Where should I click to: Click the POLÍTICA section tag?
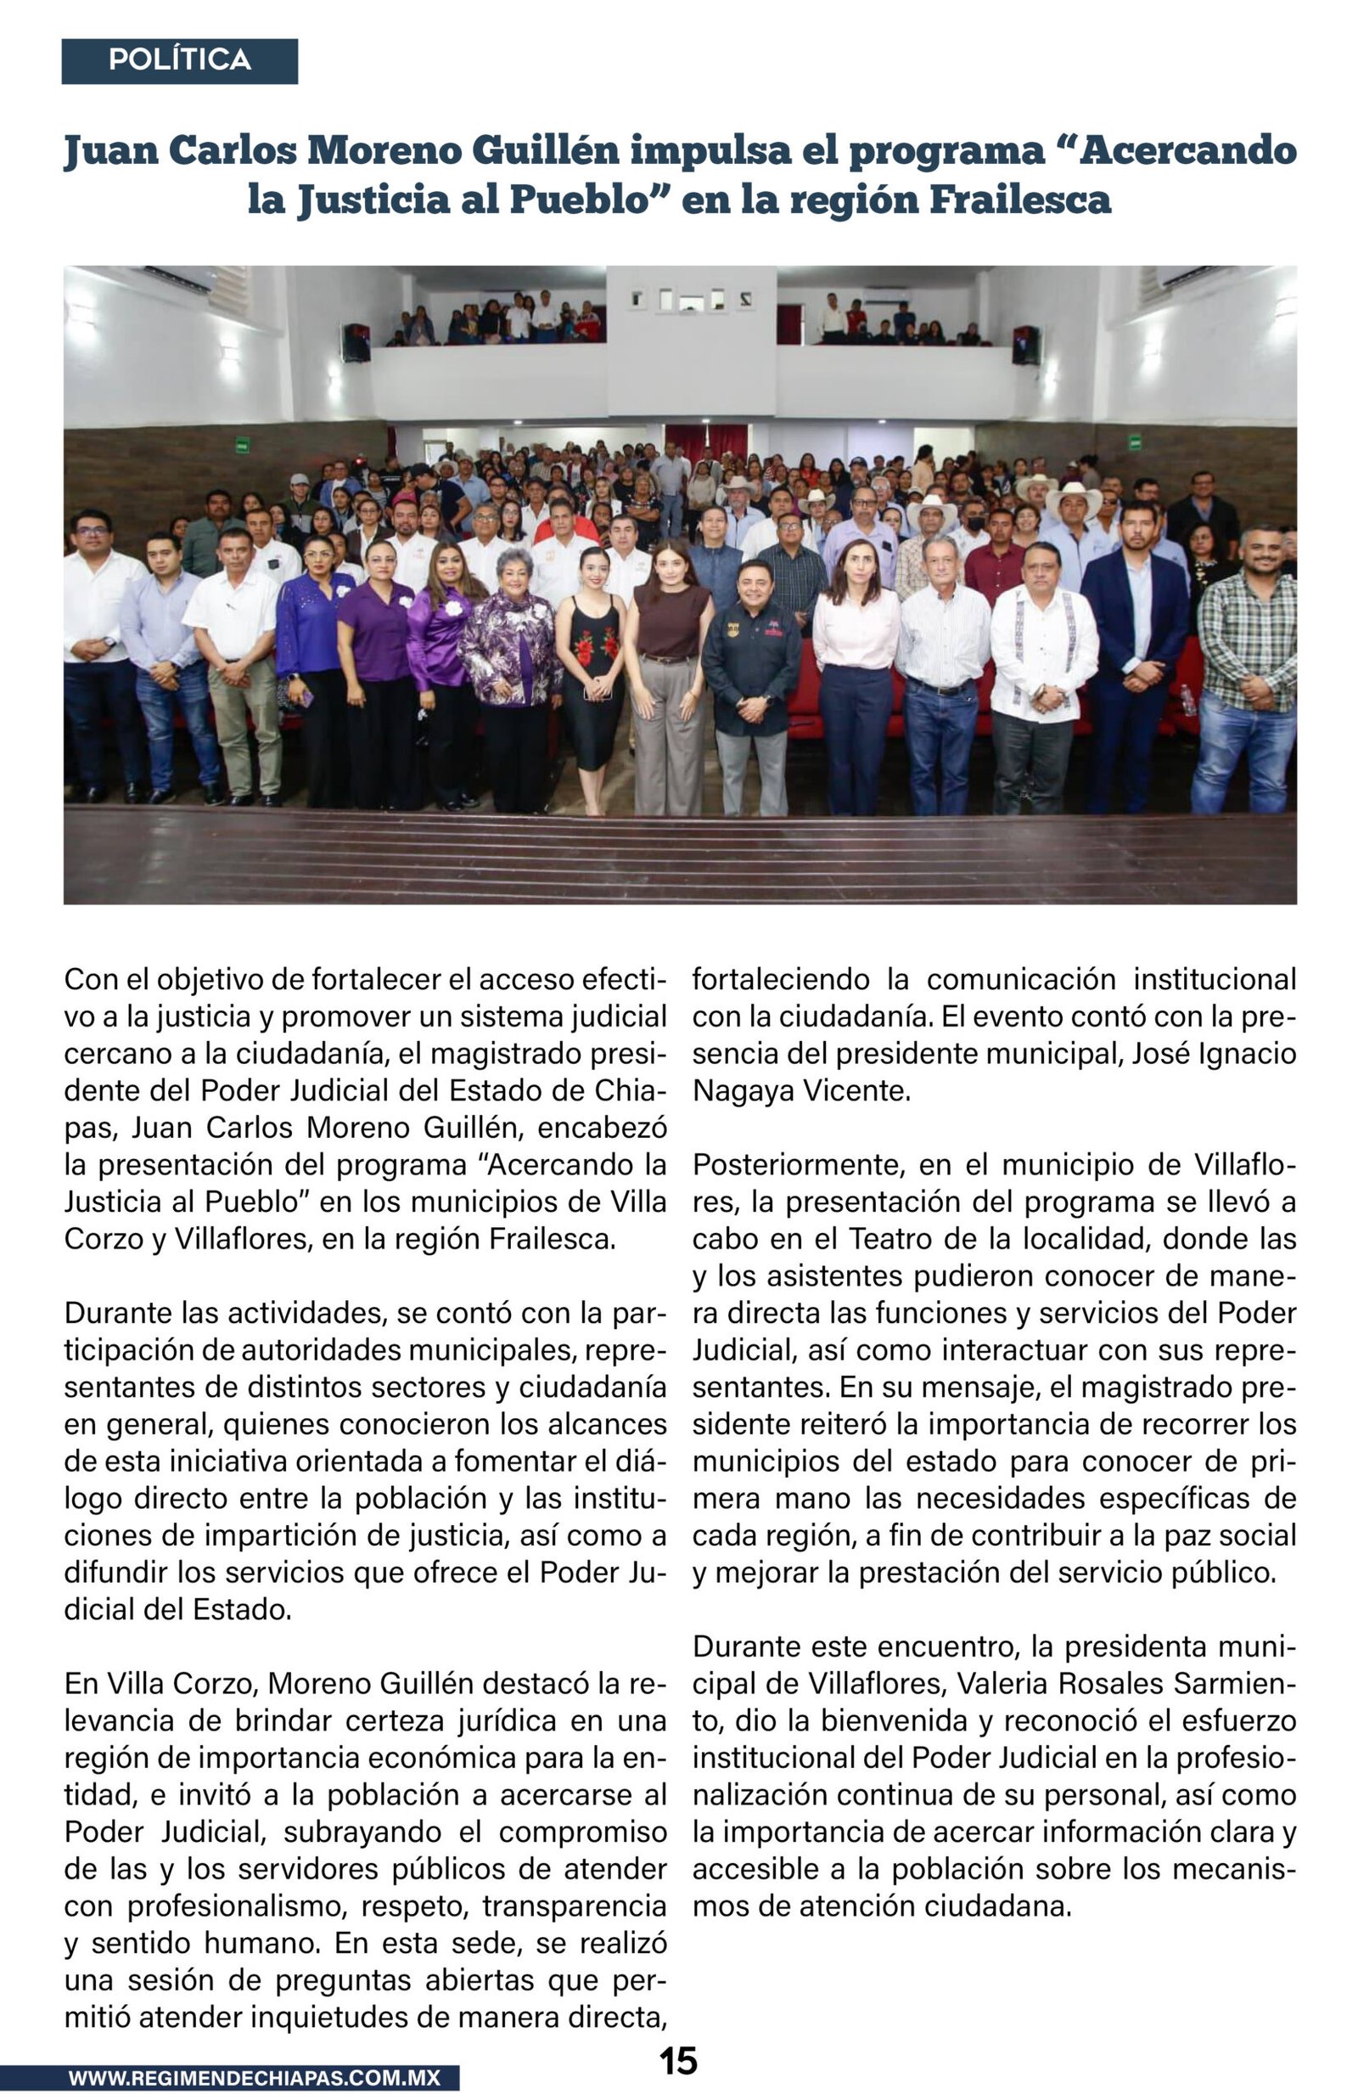[x=179, y=60]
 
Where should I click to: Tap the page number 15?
[x=678, y=2061]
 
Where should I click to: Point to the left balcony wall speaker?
[x=356, y=342]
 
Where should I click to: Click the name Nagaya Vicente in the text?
[x=800, y=1091]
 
